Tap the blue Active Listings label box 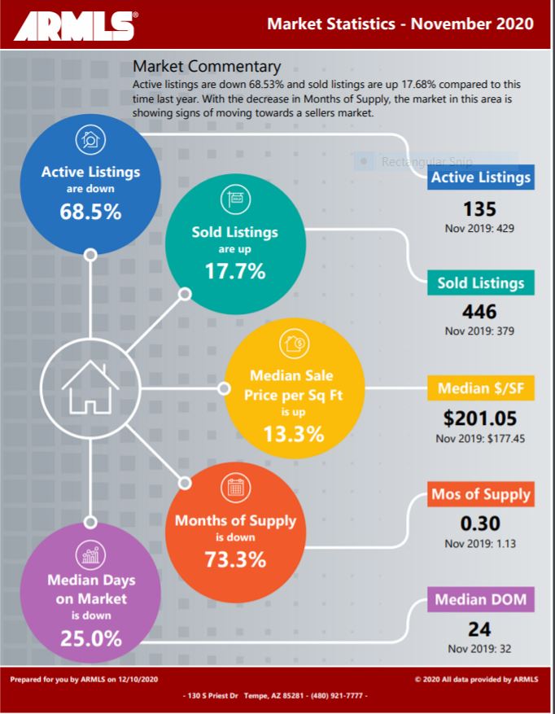480,177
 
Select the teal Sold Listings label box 480,283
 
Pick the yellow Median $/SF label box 480,389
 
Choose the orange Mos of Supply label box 480,494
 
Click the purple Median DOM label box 480,600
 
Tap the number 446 479,313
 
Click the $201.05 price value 479,418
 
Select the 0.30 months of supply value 479,523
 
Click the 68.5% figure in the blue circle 90,212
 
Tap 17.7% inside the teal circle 235,272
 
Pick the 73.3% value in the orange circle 235,560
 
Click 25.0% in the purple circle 90,638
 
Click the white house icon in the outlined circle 90,388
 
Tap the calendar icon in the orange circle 235,488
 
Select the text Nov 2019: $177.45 479,439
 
